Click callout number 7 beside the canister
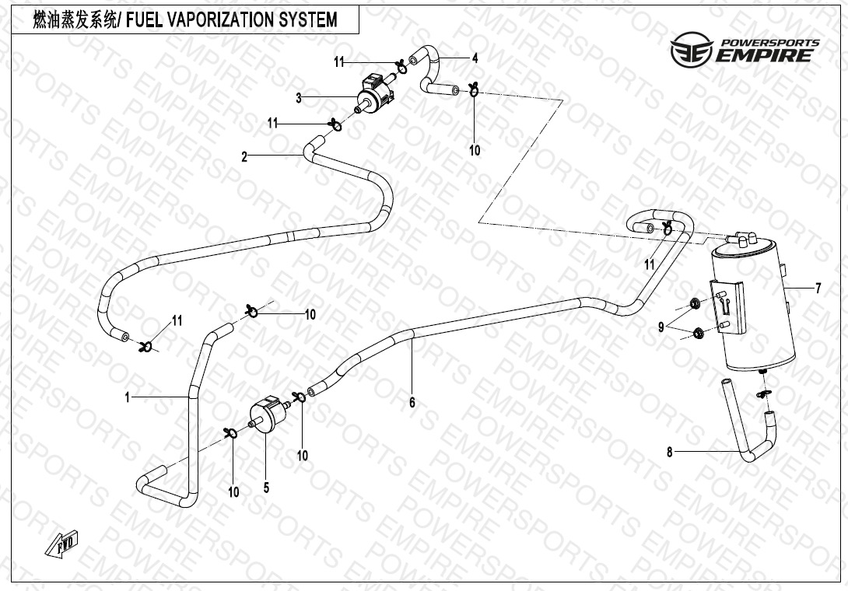tap(818, 289)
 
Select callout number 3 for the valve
tap(298, 98)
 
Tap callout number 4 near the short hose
tap(475, 58)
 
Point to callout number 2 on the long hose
tap(244, 157)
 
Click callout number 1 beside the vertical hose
tap(127, 397)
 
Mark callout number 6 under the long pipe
tap(412, 402)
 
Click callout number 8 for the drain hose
tap(669, 451)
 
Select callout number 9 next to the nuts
tap(661, 327)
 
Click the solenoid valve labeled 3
tap(375, 93)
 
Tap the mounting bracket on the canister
tap(727, 308)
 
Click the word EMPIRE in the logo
tap(766, 55)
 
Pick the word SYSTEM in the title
tap(309, 20)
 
